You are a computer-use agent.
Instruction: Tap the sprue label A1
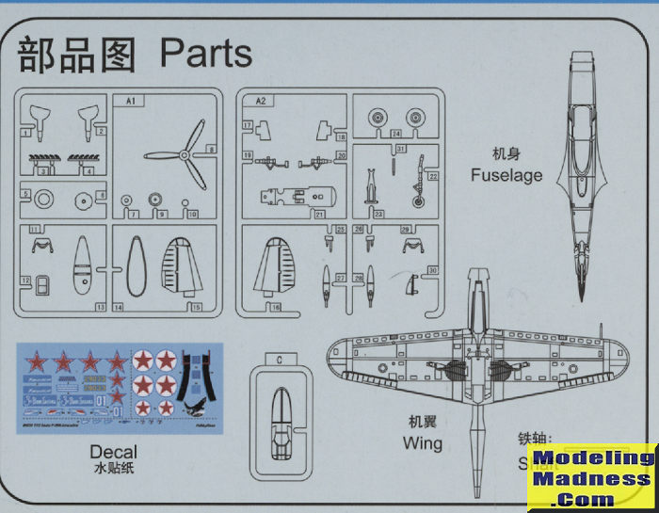tap(130, 98)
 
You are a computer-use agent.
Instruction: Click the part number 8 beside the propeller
tap(212, 149)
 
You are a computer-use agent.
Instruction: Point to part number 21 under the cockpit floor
tap(320, 215)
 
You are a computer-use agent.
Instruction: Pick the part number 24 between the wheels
tap(397, 133)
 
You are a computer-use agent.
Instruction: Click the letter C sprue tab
tap(280, 360)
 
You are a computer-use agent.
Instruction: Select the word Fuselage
tap(507, 175)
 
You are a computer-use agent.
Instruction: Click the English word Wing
tap(422, 441)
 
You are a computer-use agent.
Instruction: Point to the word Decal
tap(114, 452)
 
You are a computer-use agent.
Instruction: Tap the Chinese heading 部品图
tap(79, 54)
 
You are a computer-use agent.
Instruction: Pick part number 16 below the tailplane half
tap(276, 307)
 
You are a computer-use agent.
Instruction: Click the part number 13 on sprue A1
tap(100, 308)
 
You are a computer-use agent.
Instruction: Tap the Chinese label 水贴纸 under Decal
tap(114, 468)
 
